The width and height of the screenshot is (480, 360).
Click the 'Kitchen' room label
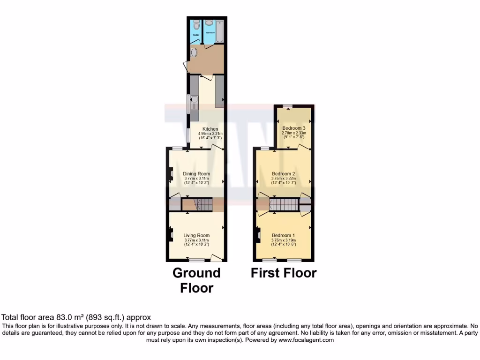pos(210,129)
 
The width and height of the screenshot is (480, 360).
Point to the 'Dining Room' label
pos(196,173)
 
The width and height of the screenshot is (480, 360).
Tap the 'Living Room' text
pos(196,235)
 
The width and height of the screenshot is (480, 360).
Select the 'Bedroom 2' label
pos(283,173)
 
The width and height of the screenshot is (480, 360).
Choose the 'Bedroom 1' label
pos(283,235)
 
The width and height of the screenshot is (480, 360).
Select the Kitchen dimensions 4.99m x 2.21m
pos(210,134)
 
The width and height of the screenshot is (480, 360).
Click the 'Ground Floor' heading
pos(196,280)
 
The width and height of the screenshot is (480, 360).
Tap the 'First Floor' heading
pos(284,273)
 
